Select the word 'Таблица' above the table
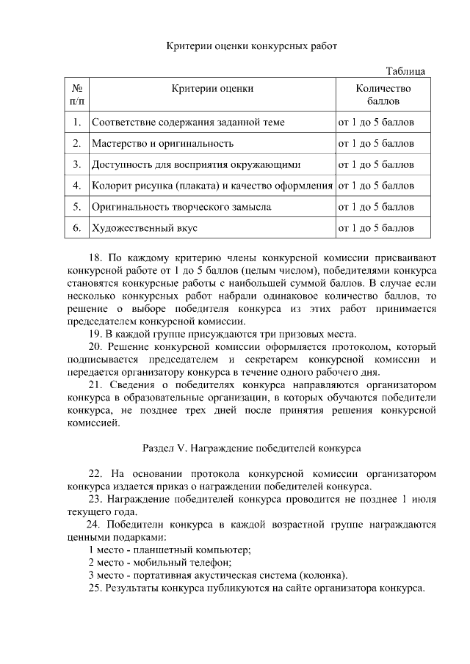[405, 71]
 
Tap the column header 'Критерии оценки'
[212, 88]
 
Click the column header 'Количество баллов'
[383, 94]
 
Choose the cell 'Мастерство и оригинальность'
[162, 143]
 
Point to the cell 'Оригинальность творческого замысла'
[181, 207]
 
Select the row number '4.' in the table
[76, 186]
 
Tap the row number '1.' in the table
[76, 122]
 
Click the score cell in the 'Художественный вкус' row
[375, 228]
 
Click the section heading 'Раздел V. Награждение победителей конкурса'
[250, 447]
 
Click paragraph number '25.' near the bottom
[95, 588]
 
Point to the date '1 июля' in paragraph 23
[418, 499]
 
